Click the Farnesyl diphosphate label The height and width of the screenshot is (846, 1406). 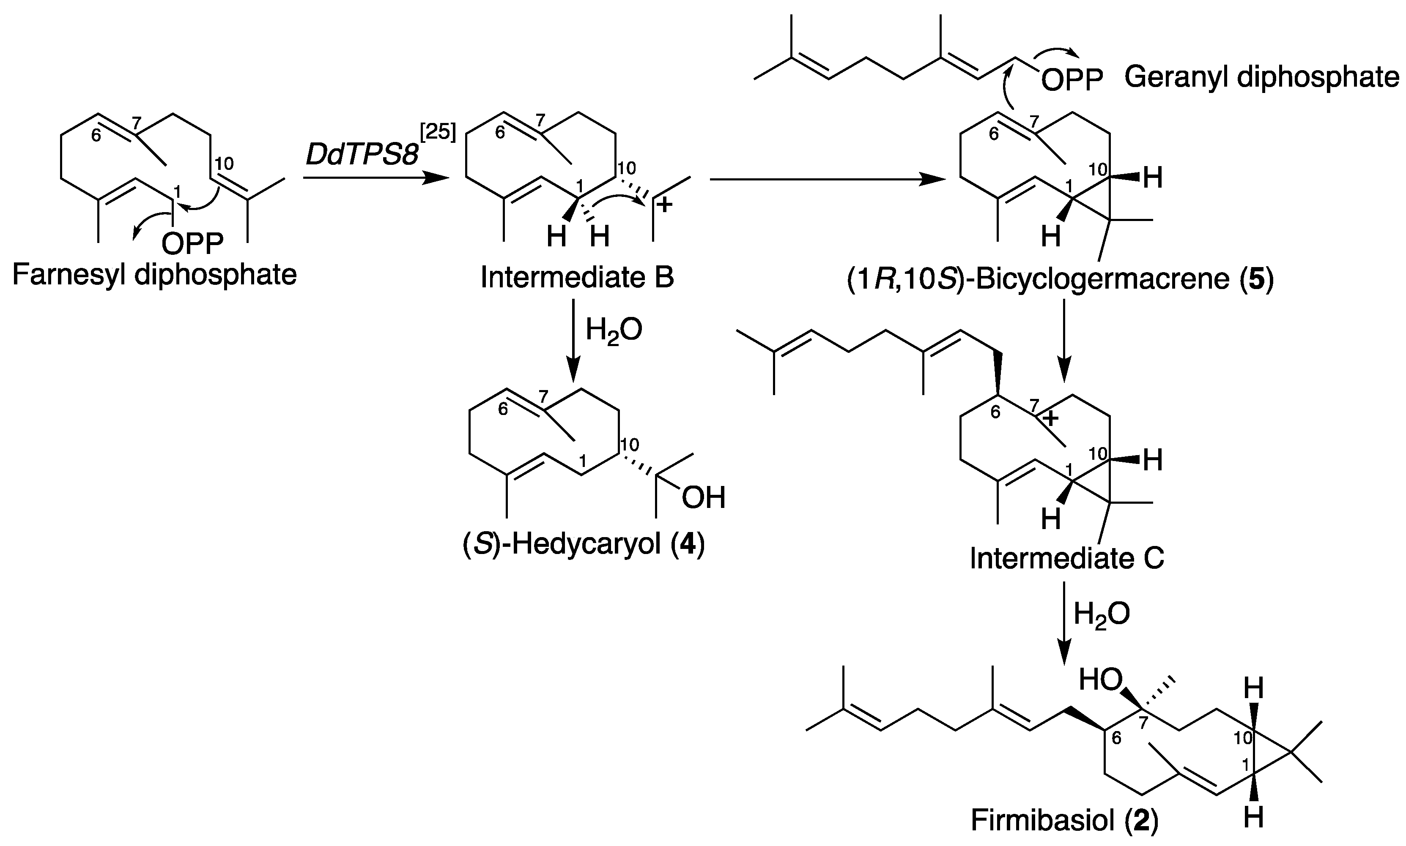pyautogui.click(x=154, y=276)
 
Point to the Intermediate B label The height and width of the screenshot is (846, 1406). pyautogui.click(x=577, y=278)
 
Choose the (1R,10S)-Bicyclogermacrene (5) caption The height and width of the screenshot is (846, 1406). pyautogui.click(x=1060, y=279)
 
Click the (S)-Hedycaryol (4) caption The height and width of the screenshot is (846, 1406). pyautogui.click(x=584, y=544)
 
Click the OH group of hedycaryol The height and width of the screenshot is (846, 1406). pyautogui.click(x=703, y=498)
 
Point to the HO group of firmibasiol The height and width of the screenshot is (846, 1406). pyautogui.click(x=1100, y=680)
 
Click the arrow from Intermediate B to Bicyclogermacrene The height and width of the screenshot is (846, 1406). pyautogui.click(x=827, y=180)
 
